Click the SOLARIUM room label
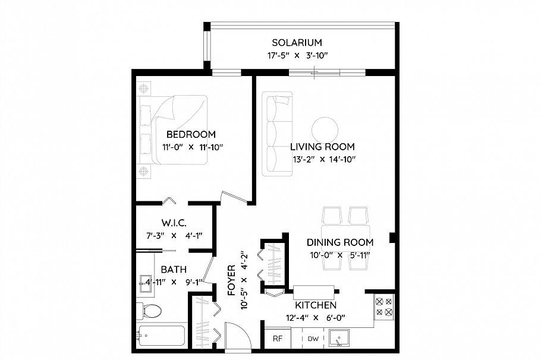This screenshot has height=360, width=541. (x=297, y=43)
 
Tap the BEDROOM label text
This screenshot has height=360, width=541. (x=191, y=134)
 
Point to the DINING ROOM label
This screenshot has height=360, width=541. (x=339, y=242)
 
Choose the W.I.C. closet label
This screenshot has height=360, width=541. (x=175, y=223)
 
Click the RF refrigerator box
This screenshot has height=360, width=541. (x=277, y=339)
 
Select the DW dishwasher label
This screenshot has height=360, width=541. (x=313, y=339)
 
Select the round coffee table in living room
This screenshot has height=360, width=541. (x=325, y=129)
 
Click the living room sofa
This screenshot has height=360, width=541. (x=277, y=134)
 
